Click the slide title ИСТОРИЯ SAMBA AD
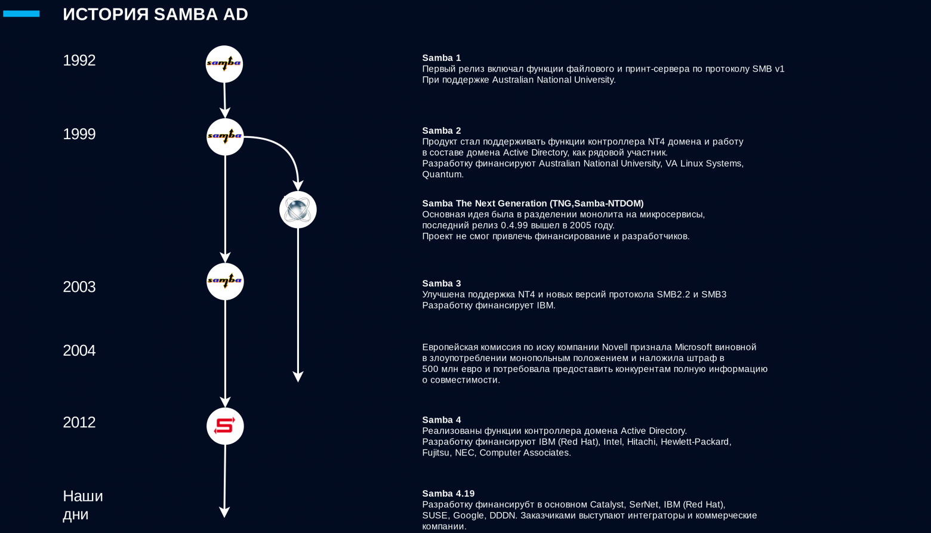155,14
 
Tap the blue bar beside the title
21,14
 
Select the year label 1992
79,61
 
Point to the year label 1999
79,134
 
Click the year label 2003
79,287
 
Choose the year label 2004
79,350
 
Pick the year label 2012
79,423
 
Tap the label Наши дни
83,505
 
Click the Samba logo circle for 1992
224,64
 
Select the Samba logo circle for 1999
225,137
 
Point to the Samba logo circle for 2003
225,282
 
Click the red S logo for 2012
225,426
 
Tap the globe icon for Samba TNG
298,209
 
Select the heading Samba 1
442,58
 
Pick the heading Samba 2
442,131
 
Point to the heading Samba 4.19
448,494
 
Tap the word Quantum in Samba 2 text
442,175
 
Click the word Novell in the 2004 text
615,347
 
